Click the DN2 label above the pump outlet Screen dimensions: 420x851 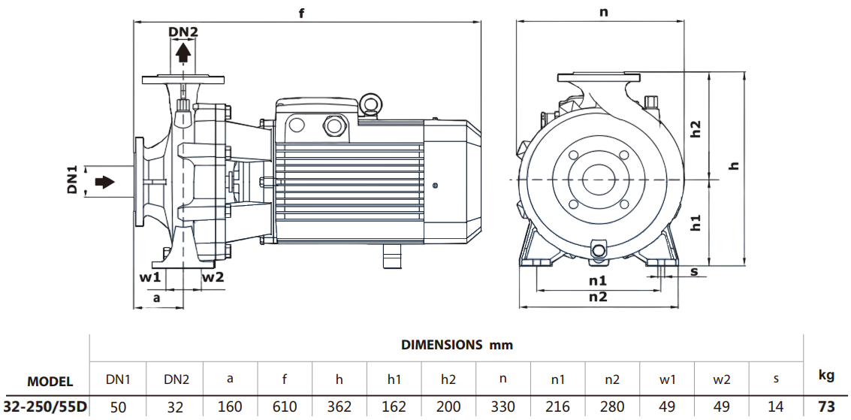[x=183, y=32]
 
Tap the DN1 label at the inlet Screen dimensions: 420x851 [x=73, y=183]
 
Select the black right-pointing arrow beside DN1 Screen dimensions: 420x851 [x=104, y=183]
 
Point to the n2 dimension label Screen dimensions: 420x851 [x=598, y=297]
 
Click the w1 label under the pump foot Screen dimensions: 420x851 [x=150, y=277]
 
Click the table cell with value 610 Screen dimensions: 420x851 [x=285, y=406]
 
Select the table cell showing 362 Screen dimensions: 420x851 [x=339, y=406]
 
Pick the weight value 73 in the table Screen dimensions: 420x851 [x=826, y=406]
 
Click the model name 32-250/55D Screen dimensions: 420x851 [x=45, y=406]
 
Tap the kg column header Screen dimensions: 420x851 [x=826, y=374]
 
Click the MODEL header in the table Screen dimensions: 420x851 [x=50, y=381]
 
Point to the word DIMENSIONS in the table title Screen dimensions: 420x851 [x=442, y=345]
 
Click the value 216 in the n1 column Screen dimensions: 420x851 [x=558, y=406]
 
